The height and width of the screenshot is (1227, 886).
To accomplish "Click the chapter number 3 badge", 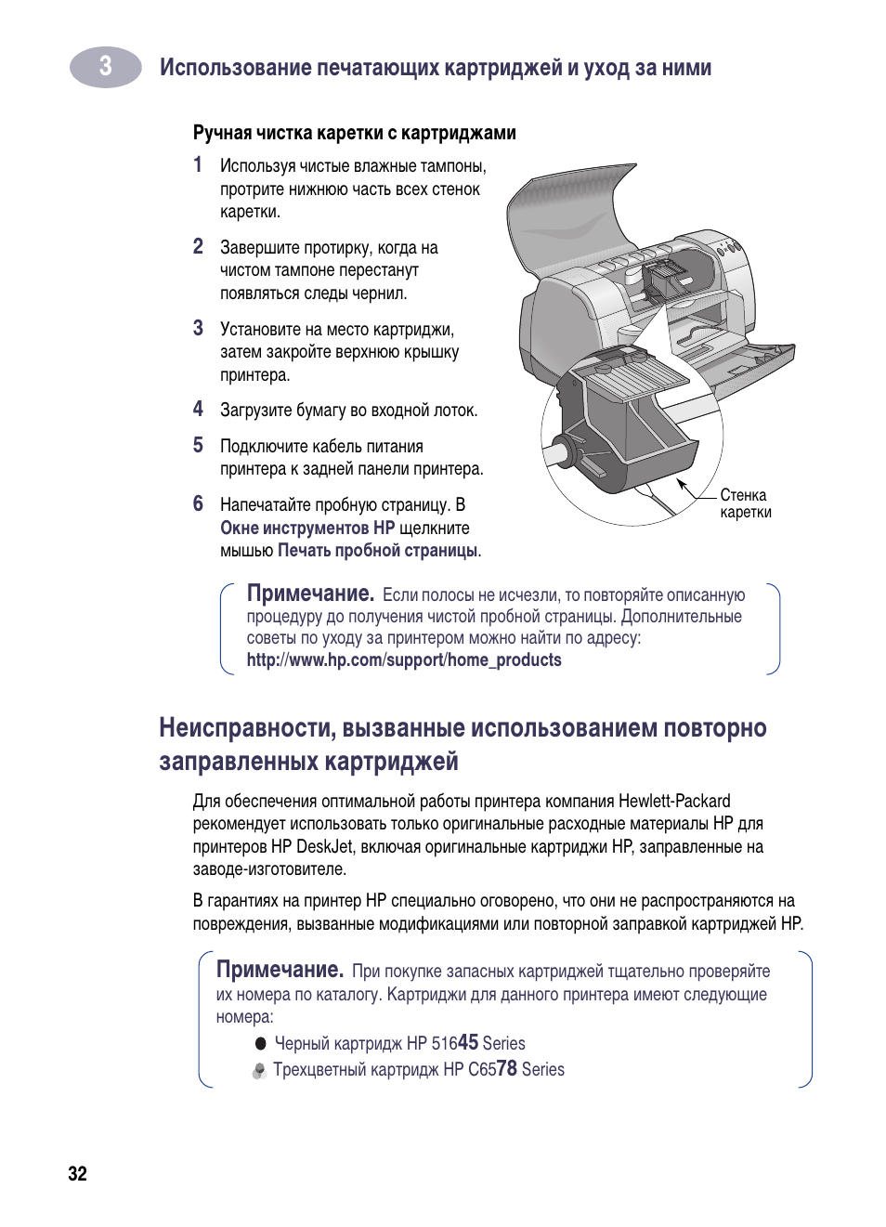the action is [106, 67].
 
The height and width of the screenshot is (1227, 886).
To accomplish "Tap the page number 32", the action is [77, 1173].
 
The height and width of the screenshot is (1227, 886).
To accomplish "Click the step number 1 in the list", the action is [198, 165].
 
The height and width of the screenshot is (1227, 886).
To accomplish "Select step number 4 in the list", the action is [198, 410].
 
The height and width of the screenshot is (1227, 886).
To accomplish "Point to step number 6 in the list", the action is [198, 504].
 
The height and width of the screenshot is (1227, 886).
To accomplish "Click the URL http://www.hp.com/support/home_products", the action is [404, 660].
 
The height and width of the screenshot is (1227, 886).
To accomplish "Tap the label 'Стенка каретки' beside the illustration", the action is [745, 503].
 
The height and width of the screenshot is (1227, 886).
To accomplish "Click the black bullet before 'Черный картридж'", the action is [261, 1044].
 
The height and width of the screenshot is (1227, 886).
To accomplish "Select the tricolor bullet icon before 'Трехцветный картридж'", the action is [260, 1071].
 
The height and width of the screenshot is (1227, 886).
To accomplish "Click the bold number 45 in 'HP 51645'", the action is [468, 1042].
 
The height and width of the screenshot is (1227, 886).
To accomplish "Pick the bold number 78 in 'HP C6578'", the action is [506, 1068].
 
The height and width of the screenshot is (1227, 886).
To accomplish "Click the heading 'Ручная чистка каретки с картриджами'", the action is [354, 133].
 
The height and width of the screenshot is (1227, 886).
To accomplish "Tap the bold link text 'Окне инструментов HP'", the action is [307, 528].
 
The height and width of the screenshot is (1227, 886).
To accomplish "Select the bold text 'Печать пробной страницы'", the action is [377, 551].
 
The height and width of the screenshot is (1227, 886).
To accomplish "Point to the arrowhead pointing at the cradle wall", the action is [682, 483].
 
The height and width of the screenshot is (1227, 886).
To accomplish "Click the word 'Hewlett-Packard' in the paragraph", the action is [674, 801].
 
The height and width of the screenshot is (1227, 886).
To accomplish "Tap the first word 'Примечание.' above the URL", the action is [310, 594].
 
